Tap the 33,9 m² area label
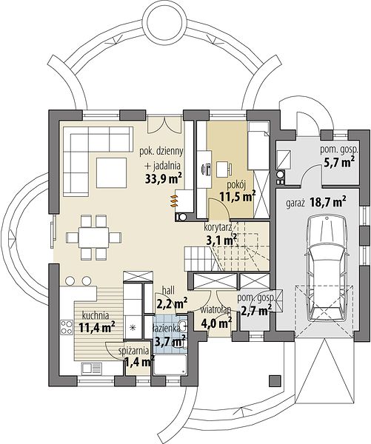163,178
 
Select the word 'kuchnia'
96,315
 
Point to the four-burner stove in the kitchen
67,326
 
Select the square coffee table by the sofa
111,172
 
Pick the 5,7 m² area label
339,162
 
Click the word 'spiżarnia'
133,351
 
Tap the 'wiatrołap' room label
215,310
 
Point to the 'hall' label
168,290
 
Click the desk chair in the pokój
224,168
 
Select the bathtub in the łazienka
170,365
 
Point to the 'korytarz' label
218,227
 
